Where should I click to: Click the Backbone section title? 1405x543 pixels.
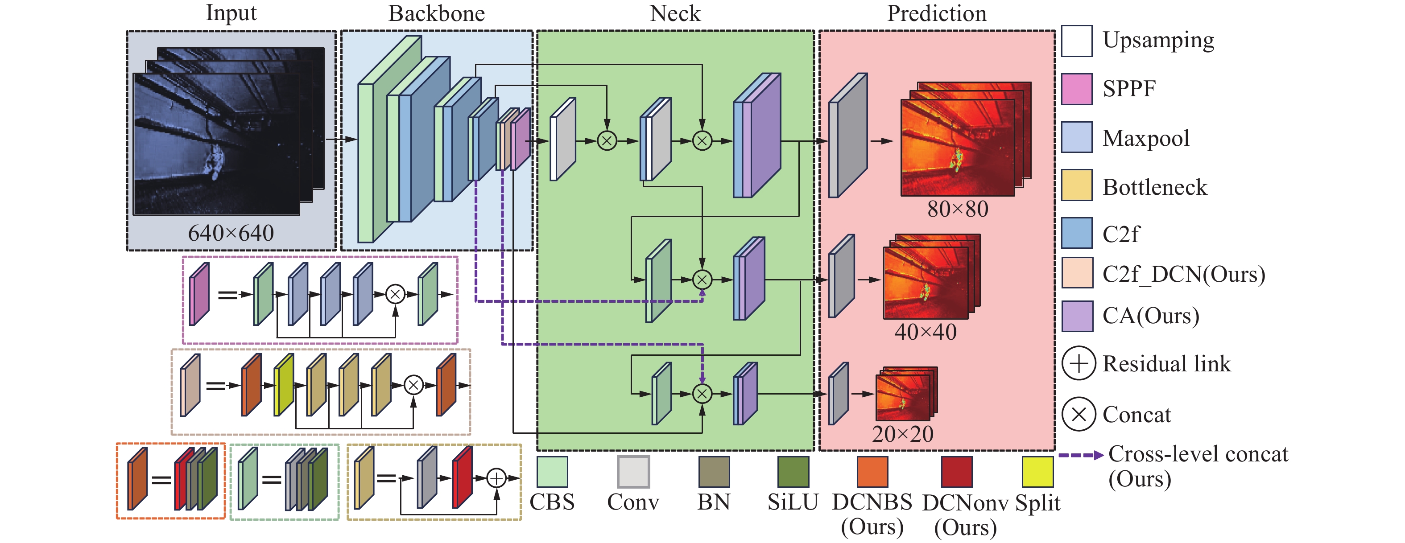tap(436, 14)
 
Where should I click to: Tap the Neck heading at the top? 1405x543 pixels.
tap(675, 14)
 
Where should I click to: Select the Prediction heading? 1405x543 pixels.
tap(937, 14)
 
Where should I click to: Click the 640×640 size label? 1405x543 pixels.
tap(231, 233)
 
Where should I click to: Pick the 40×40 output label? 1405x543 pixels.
tap(926, 332)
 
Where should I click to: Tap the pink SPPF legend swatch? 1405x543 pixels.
tap(1077, 89)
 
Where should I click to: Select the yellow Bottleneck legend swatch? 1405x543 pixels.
tap(1077, 185)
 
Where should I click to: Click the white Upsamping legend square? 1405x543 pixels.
tap(1077, 41)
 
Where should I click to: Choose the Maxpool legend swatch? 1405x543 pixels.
tap(1077, 137)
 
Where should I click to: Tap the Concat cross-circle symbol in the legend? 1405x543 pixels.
tap(1079, 414)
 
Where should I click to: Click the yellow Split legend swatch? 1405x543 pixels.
tap(1037, 472)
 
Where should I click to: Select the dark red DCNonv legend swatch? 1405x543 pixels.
tap(957, 472)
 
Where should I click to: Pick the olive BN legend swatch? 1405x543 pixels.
tap(714, 472)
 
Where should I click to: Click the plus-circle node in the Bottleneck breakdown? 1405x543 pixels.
tap(496, 478)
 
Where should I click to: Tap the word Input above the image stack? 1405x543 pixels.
tap(231, 13)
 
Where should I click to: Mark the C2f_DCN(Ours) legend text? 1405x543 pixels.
tap(1184, 274)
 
